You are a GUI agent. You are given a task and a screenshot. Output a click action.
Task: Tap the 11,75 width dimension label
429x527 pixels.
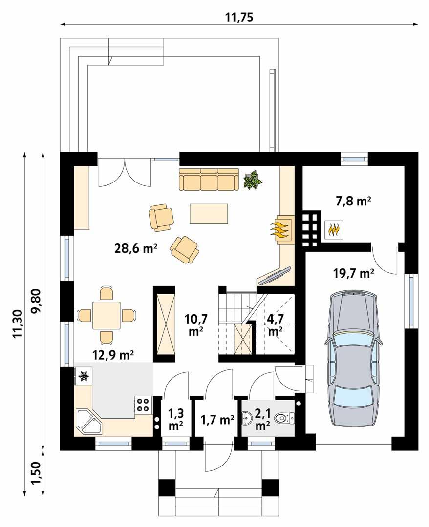point(239,18)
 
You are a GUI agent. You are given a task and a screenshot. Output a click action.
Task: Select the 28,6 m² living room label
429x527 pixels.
point(136,248)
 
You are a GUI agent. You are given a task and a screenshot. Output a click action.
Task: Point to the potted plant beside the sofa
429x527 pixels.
point(253,180)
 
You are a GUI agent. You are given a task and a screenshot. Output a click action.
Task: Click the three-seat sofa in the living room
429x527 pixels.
point(209,180)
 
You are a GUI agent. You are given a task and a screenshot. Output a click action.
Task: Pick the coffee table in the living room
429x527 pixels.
point(209,214)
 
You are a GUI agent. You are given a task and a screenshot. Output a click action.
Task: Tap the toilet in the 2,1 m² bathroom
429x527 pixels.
point(284,418)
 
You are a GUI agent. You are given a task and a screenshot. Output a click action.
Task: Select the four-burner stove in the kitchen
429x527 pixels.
point(142,405)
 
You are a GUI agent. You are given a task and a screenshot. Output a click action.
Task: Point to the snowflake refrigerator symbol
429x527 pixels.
point(83,376)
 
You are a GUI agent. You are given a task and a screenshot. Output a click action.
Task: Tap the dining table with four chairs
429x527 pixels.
point(106,315)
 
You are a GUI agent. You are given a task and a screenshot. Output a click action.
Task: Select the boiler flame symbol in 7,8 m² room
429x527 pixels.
point(333,228)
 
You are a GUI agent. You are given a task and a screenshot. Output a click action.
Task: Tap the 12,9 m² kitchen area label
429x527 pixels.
point(114,355)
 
